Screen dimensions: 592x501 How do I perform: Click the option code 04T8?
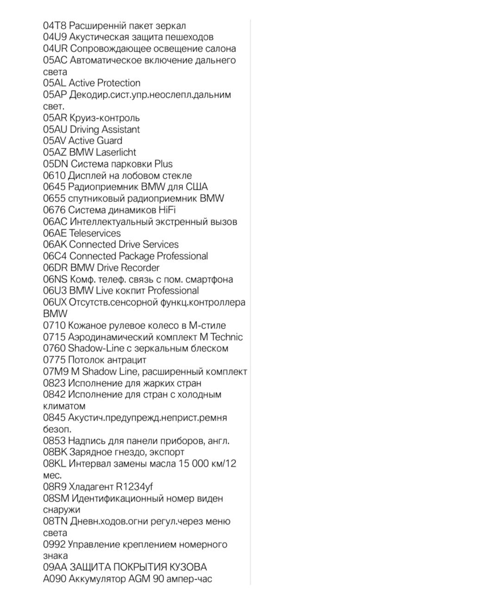55,26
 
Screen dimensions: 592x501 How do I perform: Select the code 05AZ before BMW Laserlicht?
55,152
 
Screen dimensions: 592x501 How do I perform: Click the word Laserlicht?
116,152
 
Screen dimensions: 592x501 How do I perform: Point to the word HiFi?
167,210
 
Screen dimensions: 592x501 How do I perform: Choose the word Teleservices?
95,233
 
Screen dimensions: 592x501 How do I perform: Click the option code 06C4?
55,256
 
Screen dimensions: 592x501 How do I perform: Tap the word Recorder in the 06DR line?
140,268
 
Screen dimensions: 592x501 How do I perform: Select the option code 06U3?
55,291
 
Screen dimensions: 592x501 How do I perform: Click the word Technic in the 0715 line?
226,337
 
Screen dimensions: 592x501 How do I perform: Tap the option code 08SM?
56,499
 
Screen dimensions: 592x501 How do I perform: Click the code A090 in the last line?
55,579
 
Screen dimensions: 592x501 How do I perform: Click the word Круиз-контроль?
105,118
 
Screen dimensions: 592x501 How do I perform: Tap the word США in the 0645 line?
197,187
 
